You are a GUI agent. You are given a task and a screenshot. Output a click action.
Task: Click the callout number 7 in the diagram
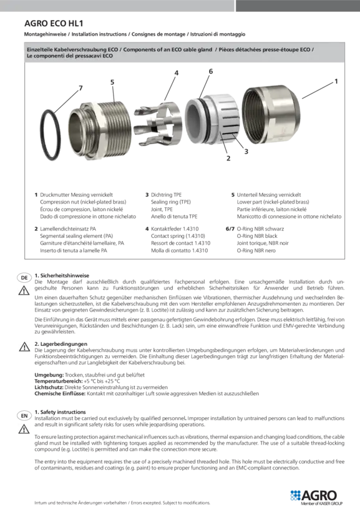[x=80, y=88]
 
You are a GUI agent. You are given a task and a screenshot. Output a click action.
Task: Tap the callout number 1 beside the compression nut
[x=336, y=81]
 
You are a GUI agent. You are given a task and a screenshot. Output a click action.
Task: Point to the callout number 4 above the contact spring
[x=176, y=73]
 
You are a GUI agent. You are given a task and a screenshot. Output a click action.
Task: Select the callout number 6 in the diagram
[x=211, y=71]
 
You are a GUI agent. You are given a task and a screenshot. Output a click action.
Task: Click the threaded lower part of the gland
[x=100, y=130]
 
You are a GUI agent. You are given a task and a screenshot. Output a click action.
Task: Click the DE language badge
[x=24, y=278]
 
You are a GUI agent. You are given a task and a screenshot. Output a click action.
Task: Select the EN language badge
[x=24, y=416]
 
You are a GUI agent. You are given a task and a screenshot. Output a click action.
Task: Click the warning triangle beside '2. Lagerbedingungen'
[x=24, y=347]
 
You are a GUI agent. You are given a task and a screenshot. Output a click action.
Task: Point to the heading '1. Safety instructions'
[x=60, y=412]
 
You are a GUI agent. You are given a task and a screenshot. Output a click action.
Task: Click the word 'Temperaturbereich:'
[x=59, y=381]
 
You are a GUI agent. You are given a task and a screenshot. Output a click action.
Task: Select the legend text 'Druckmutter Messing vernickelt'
[x=76, y=195]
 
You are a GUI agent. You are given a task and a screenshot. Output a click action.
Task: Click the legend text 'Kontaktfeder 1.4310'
[x=175, y=229]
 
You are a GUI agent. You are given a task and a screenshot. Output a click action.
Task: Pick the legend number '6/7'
[x=230, y=229]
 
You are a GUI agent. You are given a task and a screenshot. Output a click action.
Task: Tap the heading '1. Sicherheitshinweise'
[x=62, y=275]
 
